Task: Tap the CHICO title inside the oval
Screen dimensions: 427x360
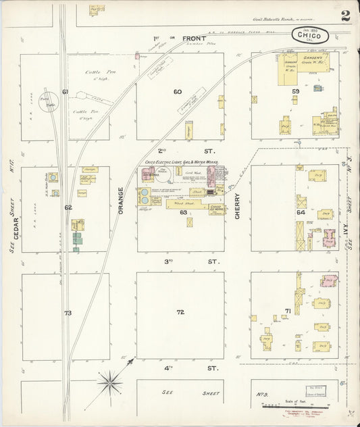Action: pos(311,34)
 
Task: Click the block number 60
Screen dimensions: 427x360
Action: pos(178,92)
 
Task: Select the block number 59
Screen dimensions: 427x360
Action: pos(295,91)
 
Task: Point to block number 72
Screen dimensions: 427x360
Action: pos(180,312)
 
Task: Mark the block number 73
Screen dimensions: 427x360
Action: pos(68,313)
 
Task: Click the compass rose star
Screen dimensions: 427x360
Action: pos(109,384)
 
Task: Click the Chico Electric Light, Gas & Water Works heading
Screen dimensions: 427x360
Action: pos(181,163)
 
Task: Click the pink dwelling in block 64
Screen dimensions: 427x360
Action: pos(330,238)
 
